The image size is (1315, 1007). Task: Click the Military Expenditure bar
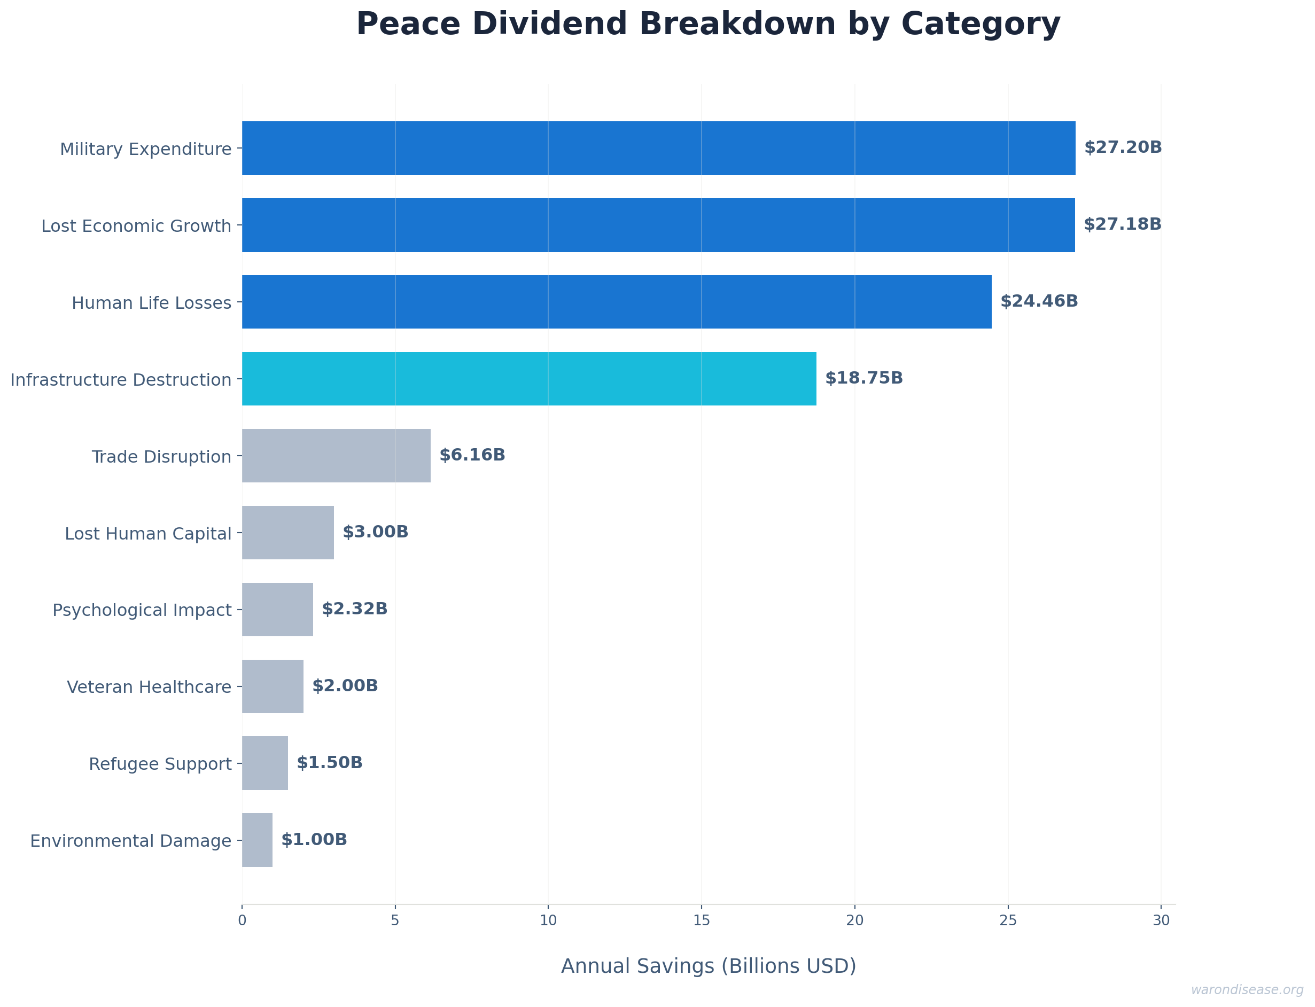pos(658,148)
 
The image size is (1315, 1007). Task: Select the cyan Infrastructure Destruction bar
pos(528,379)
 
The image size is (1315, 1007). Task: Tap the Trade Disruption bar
pos(336,456)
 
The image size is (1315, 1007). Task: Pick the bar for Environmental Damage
pos(257,840)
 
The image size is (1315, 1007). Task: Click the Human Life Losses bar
pos(616,301)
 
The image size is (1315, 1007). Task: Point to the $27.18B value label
pos(1122,224)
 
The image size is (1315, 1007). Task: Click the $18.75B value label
pos(863,378)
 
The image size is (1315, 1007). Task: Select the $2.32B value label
pos(354,609)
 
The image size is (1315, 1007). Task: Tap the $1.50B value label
pos(329,762)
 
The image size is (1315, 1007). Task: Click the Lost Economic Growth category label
pos(136,226)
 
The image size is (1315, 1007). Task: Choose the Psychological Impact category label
pos(142,610)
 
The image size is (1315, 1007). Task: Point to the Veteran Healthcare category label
pos(149,687)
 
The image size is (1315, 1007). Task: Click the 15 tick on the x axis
pos(701,920)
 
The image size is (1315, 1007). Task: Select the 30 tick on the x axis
pos(1161,920)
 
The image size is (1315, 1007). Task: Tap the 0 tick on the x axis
pos(242,920)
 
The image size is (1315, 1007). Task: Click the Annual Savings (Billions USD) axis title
pos(709,966)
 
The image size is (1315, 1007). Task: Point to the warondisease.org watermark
pos(1247,989)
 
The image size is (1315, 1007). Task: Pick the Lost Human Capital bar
pos(287,532)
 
